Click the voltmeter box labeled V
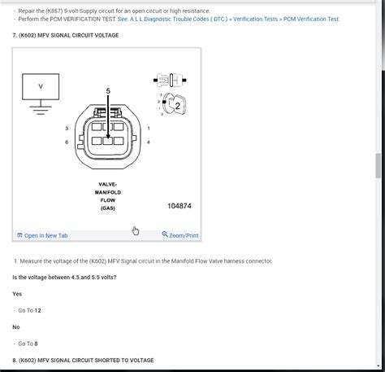click(41, 85)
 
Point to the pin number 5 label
click(107, 90)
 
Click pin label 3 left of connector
click(67, 129)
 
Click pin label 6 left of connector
click(67, 142)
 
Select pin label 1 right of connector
click(149, 129)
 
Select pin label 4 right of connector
click(149, 142)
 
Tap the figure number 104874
click(180, 206)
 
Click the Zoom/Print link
click(180, 235)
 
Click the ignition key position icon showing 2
click(172, 104)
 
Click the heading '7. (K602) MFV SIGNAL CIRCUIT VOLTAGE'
click(65, 36)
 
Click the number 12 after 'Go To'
click(37, 311)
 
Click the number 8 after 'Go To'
click(36, 344)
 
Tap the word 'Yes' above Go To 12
click(17, 294)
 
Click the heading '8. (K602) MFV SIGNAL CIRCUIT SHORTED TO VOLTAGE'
click(83, 360)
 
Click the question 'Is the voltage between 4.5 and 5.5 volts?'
click(64, 278)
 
